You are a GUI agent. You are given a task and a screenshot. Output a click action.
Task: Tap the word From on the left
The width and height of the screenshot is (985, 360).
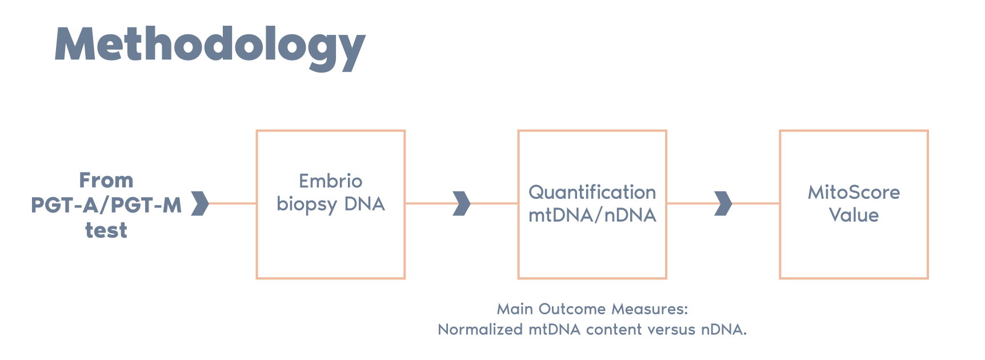click(106, 181)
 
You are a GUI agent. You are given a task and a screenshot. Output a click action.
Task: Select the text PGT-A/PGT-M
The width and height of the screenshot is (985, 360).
click(106, 205)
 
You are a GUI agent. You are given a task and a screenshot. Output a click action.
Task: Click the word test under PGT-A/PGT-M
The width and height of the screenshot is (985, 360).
click(106, 230)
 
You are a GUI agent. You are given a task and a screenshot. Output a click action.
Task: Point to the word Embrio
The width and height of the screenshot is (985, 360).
click(330, 181)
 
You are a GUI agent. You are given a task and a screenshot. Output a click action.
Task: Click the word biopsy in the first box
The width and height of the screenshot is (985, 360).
click(307, 205)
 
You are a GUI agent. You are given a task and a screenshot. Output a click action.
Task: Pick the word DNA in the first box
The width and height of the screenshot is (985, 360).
click(365, 204)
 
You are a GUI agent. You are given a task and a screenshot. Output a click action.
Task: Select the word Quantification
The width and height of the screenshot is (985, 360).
click(592, 193)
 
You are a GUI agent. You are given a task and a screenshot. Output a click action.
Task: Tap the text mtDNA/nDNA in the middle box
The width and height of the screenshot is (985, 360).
click(592, 215)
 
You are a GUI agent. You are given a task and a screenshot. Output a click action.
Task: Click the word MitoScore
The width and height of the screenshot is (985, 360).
click(854, 193)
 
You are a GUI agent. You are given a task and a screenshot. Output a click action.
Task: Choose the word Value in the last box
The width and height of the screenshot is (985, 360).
click(854, 215)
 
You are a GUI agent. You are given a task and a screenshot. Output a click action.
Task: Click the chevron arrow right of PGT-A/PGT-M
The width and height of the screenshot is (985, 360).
click(199, 203)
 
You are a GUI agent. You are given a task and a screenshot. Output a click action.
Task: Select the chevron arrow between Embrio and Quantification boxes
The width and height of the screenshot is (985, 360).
click(461, 203)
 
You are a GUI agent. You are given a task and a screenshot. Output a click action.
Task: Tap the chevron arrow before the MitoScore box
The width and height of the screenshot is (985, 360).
click(723, 203)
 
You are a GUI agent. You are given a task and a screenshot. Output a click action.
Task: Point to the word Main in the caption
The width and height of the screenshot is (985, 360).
click(515, 309)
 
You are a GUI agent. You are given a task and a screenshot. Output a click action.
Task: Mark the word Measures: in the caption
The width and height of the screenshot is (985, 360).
click(650, 309)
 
